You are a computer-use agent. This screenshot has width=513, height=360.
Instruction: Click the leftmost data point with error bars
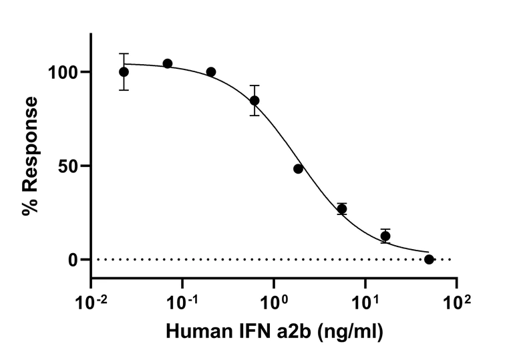pyautogui.click(x=124, y=71)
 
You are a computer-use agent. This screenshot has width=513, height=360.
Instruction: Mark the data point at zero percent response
pyautogui.click(x=429, y=259)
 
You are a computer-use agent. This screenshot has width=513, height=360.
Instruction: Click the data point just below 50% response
pyautogui.click(x=298, y=169)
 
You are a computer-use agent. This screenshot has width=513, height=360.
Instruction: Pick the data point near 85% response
pyautogui.click(x=254, y=100)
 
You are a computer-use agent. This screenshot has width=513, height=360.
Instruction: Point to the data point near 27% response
pyautogui.click(x=342, y=209)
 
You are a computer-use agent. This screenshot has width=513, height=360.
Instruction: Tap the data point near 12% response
pyautogui.click(x=385, y=236)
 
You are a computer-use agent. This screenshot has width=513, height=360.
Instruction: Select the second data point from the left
pyautogui.click(x=168, y=63)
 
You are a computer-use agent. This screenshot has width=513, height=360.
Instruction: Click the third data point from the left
pyautogui.click(x=211, y=71)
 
